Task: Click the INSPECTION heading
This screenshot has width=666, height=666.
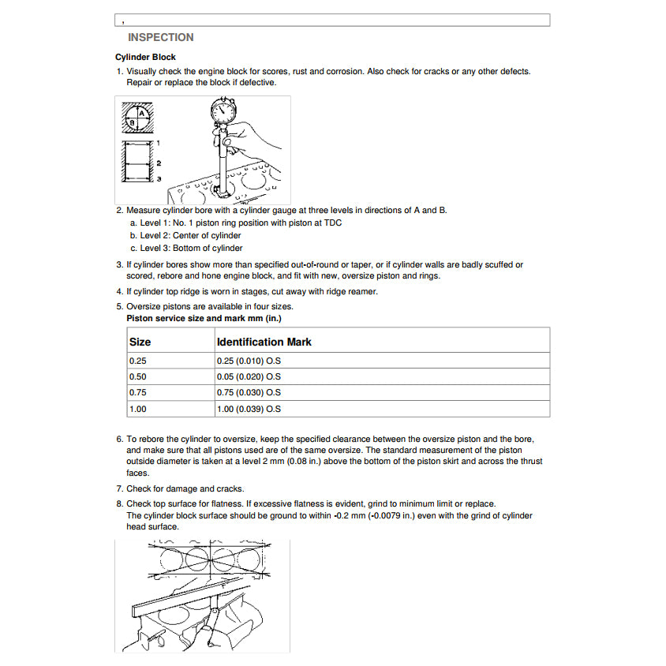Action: pyautogui.click(x=160, y=37)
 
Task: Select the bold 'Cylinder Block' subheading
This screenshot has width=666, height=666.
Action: pyautogui.click(x=145, y=58)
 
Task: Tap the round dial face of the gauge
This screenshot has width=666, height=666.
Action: pyautogui.click(x=223, y=111)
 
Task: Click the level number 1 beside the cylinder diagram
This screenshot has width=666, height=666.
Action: pyautogui.click(x=159, y=143)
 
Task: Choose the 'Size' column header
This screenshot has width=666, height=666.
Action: pyautogui.click(x=140, y=342)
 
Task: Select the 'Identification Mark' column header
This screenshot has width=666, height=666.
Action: pyautogui.click(x=264, y=342)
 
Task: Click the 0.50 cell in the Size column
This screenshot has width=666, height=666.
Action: pyautogui.click(x=137, y=376)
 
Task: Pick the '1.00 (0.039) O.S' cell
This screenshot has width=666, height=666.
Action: pyautogui.click(x=249, y=410)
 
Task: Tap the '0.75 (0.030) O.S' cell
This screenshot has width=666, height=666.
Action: pyautogui.click(x=249, y=393)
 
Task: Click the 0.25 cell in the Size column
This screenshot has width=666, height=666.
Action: pyautogui.click(x=137, y=361)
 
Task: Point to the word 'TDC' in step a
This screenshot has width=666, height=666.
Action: pyautogui.click(x=332, y=223)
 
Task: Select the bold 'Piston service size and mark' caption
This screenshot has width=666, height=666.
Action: pyautogui.click(x=204, y=318)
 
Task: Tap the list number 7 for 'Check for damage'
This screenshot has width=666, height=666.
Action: pyautogui.click(x=119, y=488)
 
